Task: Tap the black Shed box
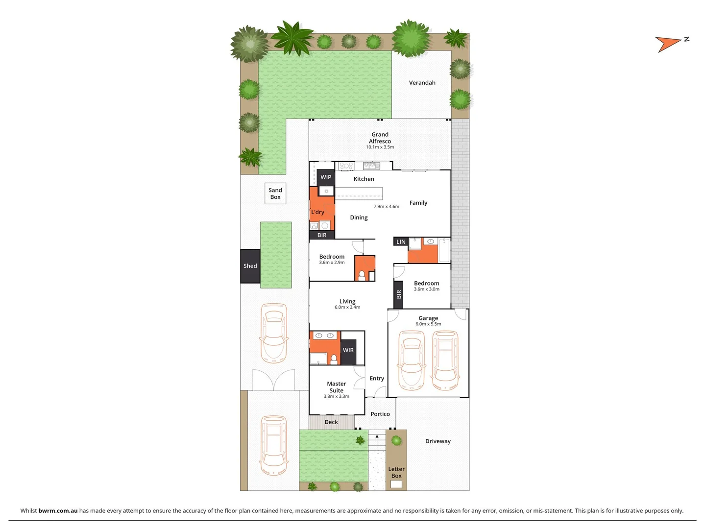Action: (x=250, y=266)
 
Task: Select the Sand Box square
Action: (x=275, y=193)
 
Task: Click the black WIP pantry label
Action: (x=326, y=177)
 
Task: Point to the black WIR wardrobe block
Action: (x=348, y=351)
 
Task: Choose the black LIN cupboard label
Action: (x=401, y=241)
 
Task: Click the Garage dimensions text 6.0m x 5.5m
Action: (x=428, y=324)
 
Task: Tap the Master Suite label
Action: (x=336, y=387)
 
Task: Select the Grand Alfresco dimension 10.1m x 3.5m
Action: (x=380, y=147)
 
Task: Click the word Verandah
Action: (x=422, y=83)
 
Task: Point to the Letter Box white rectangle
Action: (x=396, y=484)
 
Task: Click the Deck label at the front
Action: (x=331, y=422)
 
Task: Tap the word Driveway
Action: (x=438, y=441)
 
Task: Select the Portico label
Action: (x=380, y=414)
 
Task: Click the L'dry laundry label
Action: (x=318, y=212)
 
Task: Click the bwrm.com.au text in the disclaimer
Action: (x=58, y=510)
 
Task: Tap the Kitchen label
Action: (x=364, y=179)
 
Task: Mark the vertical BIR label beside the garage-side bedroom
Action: (x=398, y=294)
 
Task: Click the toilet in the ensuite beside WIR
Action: (x=334, y=360)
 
